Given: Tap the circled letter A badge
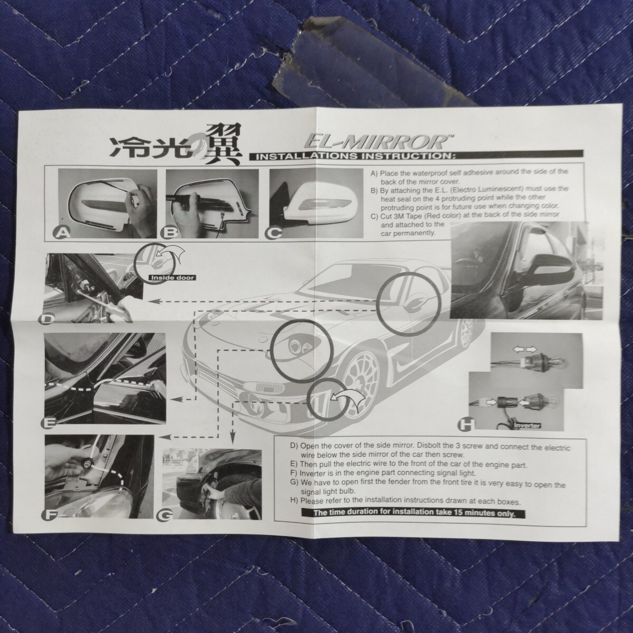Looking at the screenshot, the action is coord(62,233).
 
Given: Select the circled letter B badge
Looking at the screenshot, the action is coord(169,233).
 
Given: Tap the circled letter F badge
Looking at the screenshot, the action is coord(50,514).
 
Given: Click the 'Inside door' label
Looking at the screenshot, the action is coord(172,277).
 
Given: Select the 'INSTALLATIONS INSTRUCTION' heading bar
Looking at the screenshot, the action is coord(416,155).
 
